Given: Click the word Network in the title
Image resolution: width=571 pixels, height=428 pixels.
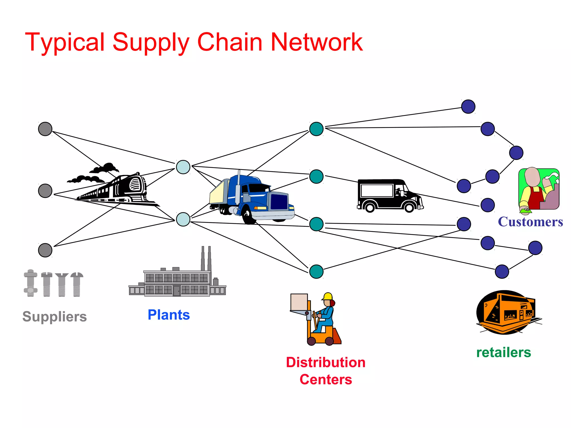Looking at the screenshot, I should point(316,42).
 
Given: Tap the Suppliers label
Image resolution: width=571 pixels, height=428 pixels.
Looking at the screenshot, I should point(55,317).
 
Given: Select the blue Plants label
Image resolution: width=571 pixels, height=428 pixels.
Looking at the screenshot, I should point(169,315).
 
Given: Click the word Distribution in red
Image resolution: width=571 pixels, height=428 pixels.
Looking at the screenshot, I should point(326,363).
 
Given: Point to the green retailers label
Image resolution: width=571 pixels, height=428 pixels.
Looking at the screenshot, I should point(504,352).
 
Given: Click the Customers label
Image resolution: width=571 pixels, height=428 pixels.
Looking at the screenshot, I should point(530,222).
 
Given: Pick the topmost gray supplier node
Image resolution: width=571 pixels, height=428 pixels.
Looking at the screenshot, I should point(45,129).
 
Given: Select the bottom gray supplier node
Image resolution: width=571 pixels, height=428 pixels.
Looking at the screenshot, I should point(45,250).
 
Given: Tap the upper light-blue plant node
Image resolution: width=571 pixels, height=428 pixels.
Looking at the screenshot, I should point(183,167).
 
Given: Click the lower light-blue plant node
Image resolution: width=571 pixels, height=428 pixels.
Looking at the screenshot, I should point(183,219).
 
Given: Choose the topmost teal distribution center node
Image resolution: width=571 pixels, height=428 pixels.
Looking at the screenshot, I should point(316,129).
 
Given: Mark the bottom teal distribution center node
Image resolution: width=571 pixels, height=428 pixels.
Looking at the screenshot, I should point(316,272).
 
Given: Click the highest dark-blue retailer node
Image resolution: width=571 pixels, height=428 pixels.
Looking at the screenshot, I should point(468,107).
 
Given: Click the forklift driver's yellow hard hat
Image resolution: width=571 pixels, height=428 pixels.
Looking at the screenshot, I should point(328,296).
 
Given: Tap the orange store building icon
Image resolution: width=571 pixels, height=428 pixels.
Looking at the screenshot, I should point(507,312).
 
